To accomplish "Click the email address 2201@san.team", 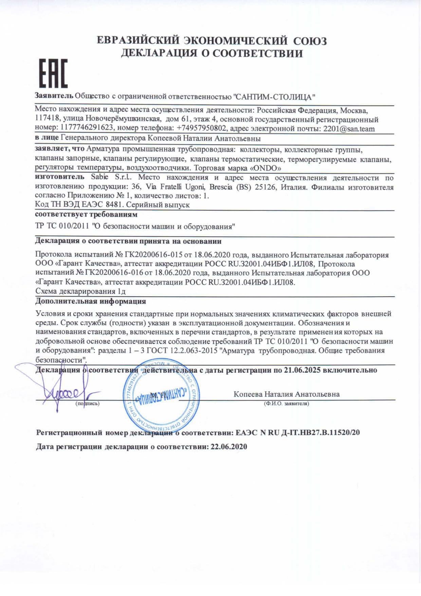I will click(349, 129).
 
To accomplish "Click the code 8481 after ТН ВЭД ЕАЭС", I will click(114, 205).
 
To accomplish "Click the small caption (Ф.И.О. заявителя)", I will click(286, 404).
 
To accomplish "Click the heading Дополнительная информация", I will click(91, 301).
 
